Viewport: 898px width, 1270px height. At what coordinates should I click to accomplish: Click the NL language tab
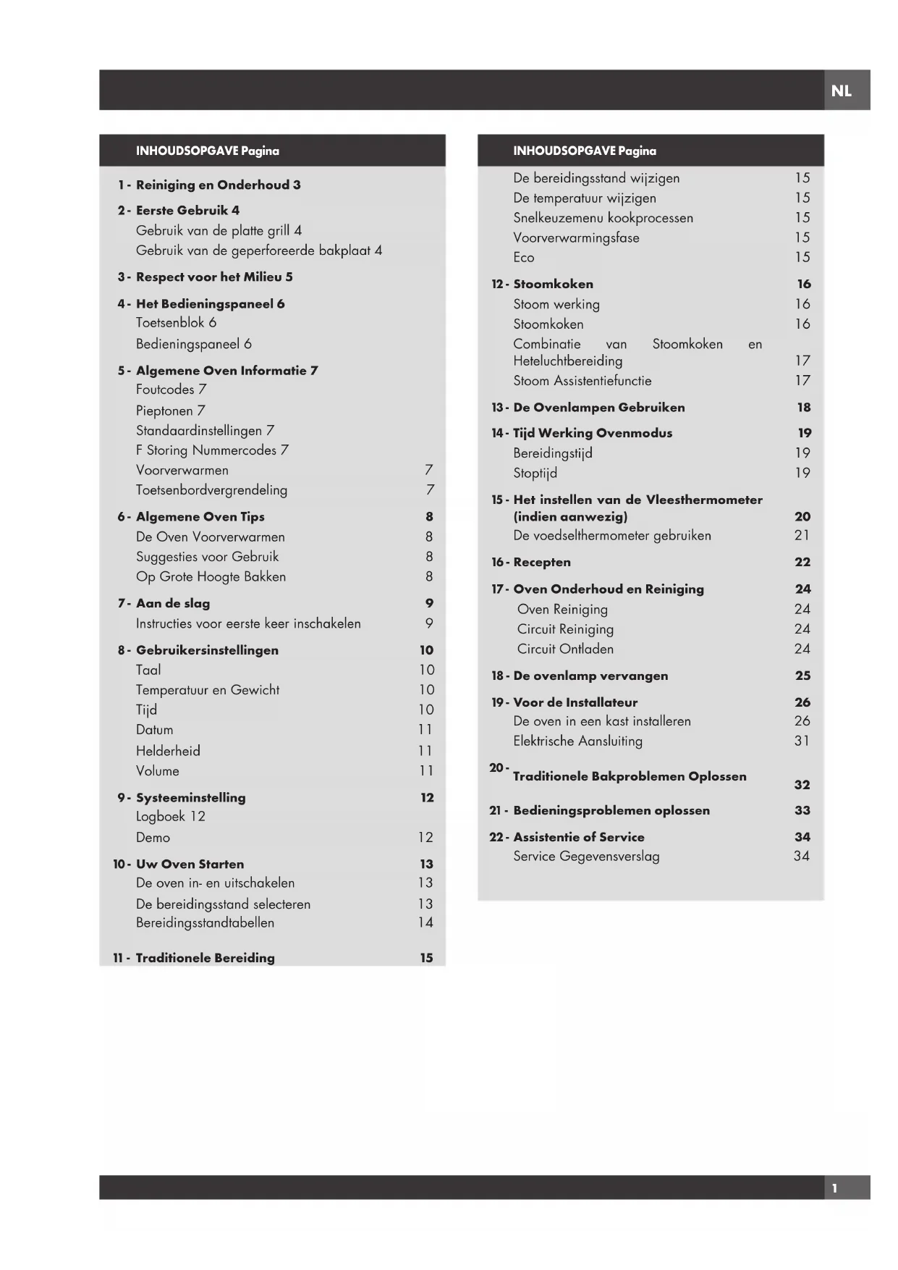pyautogui.click(x=841, y=91)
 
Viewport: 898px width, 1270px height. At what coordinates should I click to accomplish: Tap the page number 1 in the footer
pyautogui.click(x=834, y=1188)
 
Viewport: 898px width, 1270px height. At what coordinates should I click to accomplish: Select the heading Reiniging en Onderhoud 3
pyautogui.click(x=218, y=185)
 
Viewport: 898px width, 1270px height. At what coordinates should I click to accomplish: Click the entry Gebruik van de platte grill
pyautogui.click(x=219, y=230)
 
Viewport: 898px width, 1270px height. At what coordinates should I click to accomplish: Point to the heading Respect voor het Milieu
pyautogui.click(x=214, y=277)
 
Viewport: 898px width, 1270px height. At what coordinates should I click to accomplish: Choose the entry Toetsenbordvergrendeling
pyautogui.click(x=211, y=490)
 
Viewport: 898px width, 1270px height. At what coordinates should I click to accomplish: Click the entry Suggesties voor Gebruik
pyautogui.click(x=207, y=557)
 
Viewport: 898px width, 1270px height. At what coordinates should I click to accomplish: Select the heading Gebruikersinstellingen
pyautogui.click(x=207, y=650)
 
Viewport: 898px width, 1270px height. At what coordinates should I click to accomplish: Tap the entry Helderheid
pyautogui.click(x=168, y=751)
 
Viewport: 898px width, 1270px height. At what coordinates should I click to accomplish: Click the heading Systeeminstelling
pyautogui.click(x=190, y=797)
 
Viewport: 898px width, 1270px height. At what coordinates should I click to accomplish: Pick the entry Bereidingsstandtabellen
pyautogui.click(x=205, y=922)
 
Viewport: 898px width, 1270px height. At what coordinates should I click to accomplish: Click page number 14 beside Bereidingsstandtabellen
pyautogui.click(x=425, y=922)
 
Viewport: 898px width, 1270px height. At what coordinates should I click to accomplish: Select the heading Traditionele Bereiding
pyautogui.click(x=205, y=958)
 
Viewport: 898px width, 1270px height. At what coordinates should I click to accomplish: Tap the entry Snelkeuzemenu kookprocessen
pyautogui.click(x=603, y=218)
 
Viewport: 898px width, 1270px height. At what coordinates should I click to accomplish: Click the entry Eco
pyautogui.click(x=524, y=258)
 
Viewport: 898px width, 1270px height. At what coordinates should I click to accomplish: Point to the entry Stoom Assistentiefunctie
pyautogui.click(x=582, y=381)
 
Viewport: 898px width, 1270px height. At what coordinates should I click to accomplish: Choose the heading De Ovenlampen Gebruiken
pyautogui.click(x=598, y=408)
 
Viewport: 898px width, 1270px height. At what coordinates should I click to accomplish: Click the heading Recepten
pyautogui.click(x=541, y=562)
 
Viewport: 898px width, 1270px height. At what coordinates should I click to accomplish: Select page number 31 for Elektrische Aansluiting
pyautogui.click(x=802, y=741)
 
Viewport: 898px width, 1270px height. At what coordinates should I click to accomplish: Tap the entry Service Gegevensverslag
pyautogui.click(x=586, y=857)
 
